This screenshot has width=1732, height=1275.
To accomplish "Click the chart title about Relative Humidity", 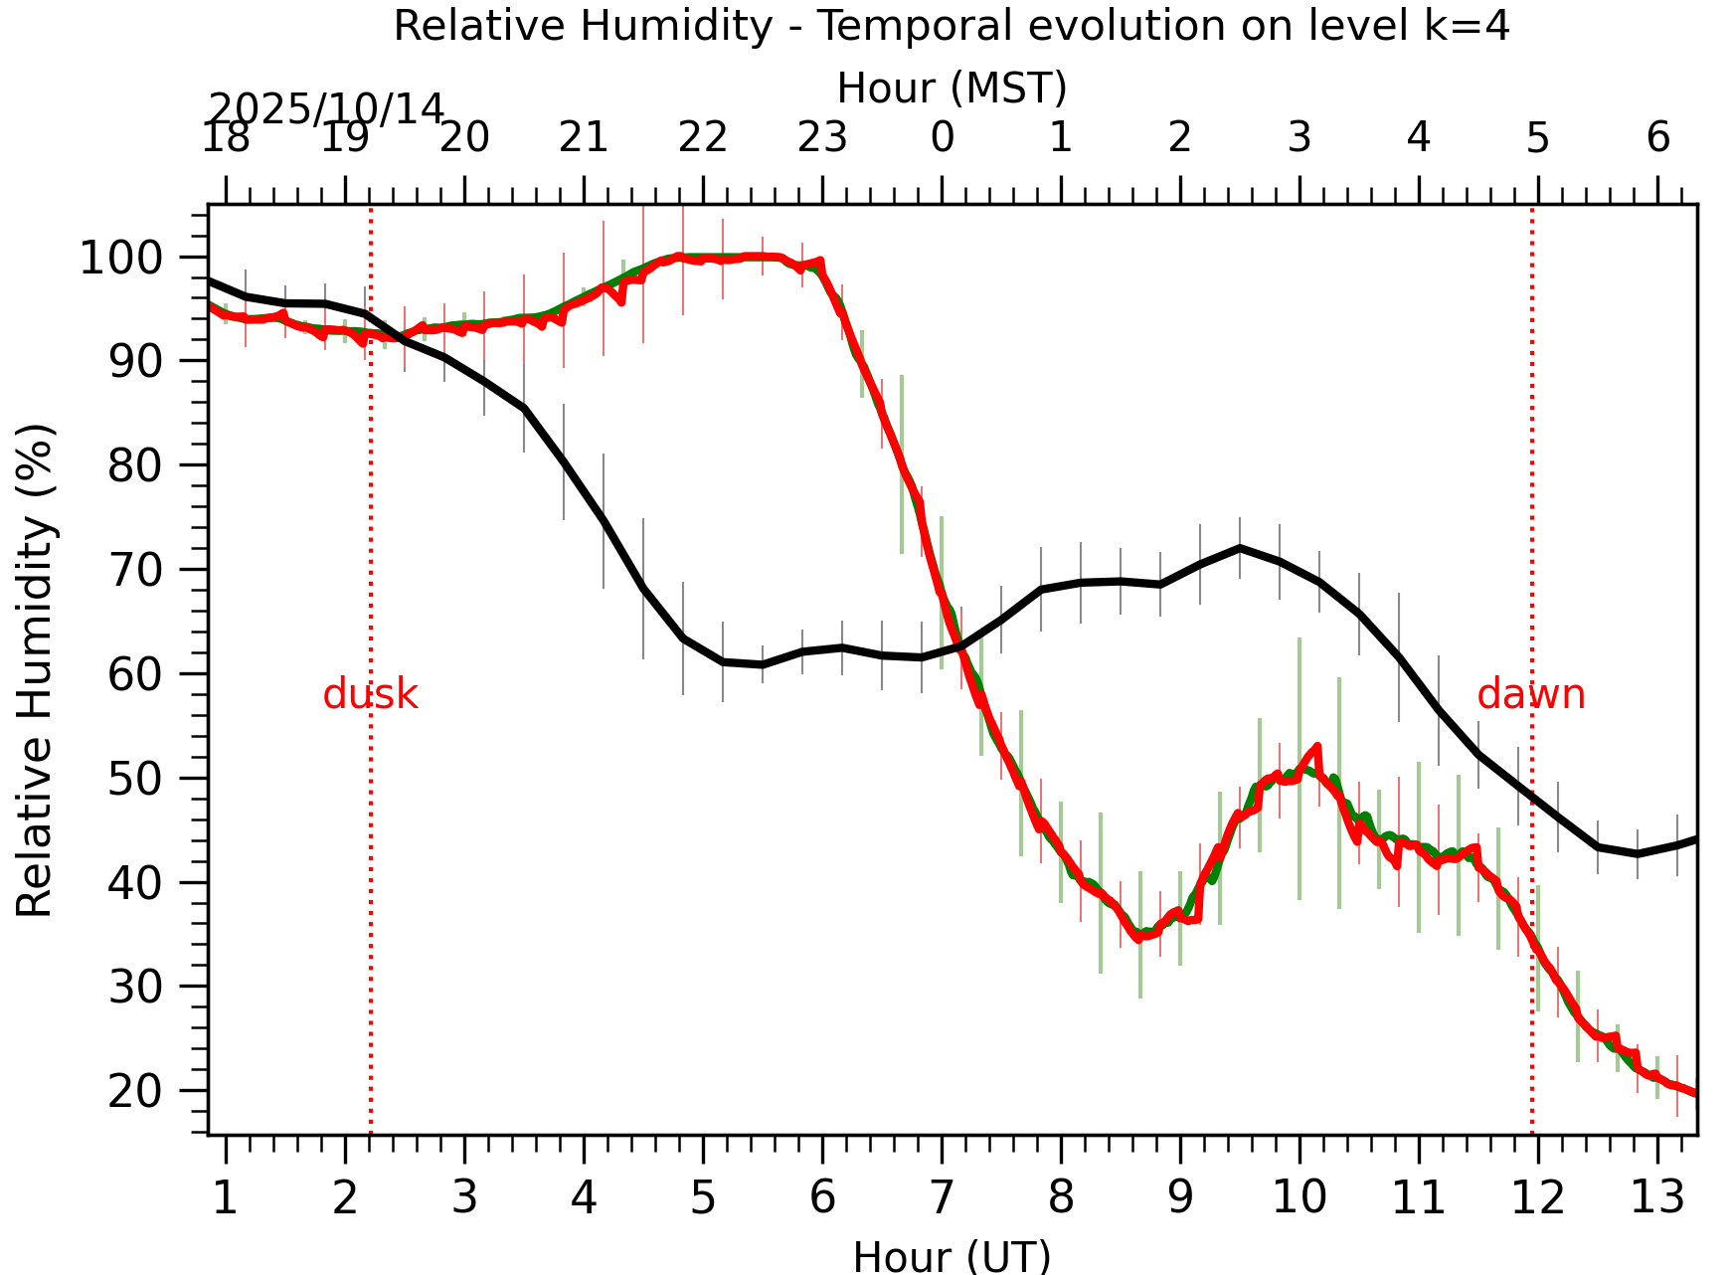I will click(952, 26).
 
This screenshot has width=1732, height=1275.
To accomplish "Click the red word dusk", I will click(370, 694).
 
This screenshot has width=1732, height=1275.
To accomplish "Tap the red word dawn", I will click(1530, 694).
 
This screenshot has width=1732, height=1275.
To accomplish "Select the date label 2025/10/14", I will click(325, 108).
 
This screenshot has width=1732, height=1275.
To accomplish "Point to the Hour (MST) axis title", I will click(952, 89).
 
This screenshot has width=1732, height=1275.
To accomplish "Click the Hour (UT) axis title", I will click(952, 1257).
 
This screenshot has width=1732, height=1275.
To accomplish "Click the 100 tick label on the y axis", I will click(134, 260).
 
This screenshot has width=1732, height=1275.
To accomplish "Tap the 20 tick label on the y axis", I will click(134, 1092).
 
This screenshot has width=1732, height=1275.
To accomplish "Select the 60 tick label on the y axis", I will click(134, 675).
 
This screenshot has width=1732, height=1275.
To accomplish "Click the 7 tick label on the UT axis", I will click(942, 1198).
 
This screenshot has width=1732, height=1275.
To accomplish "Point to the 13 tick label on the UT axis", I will click(1657, 1198).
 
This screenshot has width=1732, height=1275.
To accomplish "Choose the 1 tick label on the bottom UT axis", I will click(226, 1198).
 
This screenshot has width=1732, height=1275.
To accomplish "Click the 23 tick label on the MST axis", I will click(822, 137).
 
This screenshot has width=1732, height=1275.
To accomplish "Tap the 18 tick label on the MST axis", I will click(226, 137).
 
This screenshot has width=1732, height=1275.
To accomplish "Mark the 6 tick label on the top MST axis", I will click(1657, 137).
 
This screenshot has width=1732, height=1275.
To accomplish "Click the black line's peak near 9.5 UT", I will click(1240, 547).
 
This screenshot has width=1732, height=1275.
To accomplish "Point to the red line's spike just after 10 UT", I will click(1317, 745).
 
